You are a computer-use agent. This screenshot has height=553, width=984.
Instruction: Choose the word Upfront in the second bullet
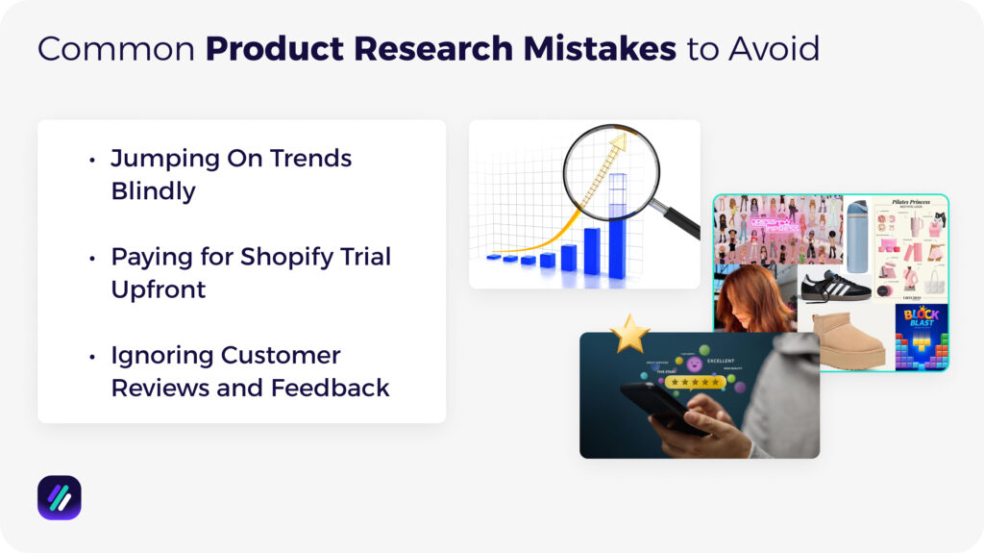pyautogui.click(x=159, y=289)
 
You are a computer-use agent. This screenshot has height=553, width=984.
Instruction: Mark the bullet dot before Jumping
pyautogui.click(x=92, y=160)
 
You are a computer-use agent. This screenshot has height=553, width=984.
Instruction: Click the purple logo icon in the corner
pyautogui.click(x=59, y=497)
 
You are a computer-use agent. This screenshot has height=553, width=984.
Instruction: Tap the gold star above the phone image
pyautogui.click(x=629, y=334)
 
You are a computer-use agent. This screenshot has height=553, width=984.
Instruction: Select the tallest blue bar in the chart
pyautogui.click(x=617, y=227)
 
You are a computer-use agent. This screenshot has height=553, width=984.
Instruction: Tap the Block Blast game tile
pyautogui.click(x=921, y=337)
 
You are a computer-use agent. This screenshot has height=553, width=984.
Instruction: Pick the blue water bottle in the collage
pyautogui.click(x=857, y=237)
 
